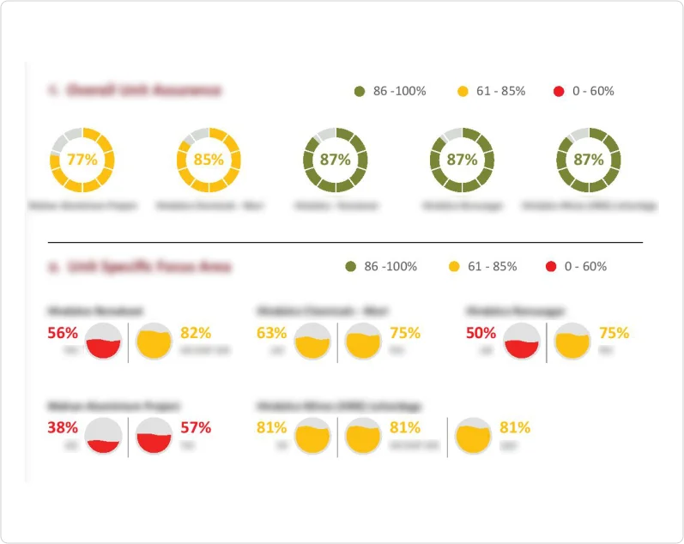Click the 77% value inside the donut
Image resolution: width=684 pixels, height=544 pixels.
(82, 159)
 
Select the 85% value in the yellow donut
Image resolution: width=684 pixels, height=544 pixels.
(209, 159)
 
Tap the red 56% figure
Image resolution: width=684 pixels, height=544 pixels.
(63, 333)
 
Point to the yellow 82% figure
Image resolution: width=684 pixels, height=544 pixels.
(196, 333)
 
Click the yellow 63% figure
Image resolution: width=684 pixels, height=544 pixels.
(271, 333)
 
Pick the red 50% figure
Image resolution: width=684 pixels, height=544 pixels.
(481, 333)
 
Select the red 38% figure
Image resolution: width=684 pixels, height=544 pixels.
(63, 427)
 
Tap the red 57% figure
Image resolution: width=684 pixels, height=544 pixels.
(196, 427)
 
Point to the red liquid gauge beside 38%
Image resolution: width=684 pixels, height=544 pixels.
(104, 436)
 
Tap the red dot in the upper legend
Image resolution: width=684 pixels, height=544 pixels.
(558, 91)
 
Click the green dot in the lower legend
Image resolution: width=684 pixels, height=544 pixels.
(350, 267)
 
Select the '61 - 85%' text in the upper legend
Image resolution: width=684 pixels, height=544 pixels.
(502, 91)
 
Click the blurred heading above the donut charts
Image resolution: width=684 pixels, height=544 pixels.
(134, 90)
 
